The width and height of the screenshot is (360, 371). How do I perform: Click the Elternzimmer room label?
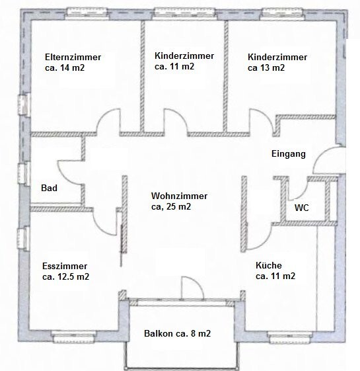click(73, 58)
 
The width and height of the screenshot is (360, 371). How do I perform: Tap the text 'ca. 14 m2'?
click(65, 68)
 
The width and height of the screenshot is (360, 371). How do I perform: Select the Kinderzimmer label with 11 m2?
click(184, 56)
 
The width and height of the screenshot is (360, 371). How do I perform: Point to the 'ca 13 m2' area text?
click(266, 68)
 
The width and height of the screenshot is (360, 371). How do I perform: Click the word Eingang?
click(289, 154)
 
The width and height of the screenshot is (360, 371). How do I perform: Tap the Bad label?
click(49, 188)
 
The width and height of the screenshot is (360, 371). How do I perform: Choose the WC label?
click(302, 208)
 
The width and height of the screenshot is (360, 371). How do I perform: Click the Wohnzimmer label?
click(179, 196)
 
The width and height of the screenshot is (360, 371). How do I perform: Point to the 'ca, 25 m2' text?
click(171, 206)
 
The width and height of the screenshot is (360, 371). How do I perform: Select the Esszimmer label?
click(65, 267)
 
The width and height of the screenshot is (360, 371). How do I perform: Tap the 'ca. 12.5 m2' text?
click(65, 277)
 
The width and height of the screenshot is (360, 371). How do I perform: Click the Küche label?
click(269, 265)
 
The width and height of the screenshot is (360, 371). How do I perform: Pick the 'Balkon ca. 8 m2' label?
click(177, 333)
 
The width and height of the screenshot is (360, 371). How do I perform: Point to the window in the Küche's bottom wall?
click(290, 338)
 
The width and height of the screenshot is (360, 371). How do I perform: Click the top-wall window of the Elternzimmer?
click(87, 13)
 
